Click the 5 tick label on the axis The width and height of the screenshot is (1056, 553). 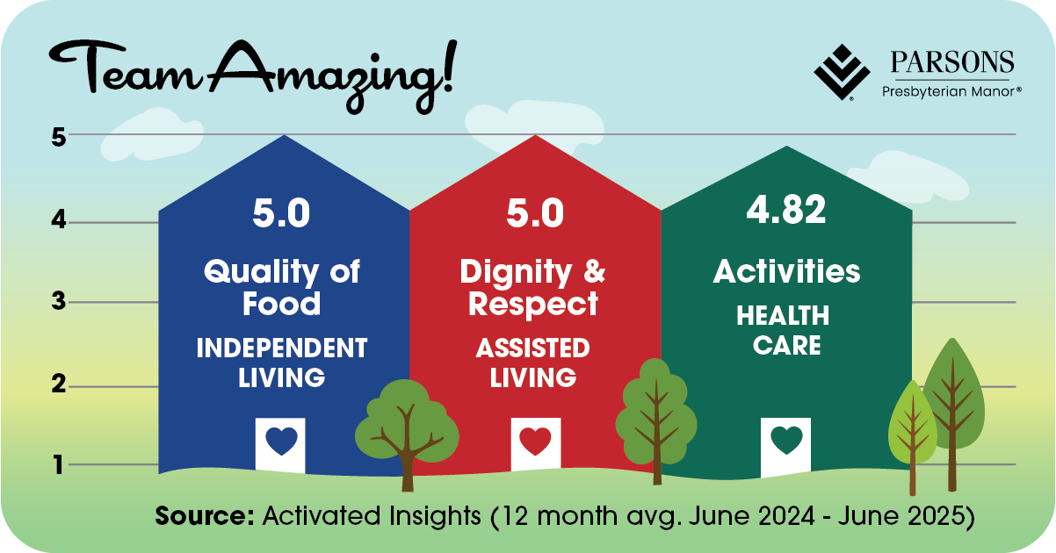pos(59,138)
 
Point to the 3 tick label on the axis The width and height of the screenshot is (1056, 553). pos(59,301)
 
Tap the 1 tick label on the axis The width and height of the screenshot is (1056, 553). pos(59,464)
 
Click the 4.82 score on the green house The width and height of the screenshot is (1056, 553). pos(786,210)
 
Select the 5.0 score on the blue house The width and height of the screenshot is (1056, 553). pos(281,213)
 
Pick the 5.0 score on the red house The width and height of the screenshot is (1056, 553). pos(535,213)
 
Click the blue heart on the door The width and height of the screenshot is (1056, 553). pos(281,441)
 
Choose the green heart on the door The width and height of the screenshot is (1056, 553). pos(786,440)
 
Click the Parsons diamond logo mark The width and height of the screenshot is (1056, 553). pos(842,72)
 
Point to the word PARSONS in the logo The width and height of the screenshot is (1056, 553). pos(952,62)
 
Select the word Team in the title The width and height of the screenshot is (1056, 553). pos(124,68)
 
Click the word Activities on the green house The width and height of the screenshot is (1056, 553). pos(787,271)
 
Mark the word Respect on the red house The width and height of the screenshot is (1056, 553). pos(533,305)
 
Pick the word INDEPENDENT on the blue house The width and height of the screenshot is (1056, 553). pos(282,348)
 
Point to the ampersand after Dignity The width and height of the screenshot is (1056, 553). pos(595,271)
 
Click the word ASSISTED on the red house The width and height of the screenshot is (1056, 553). pos(533,348)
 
